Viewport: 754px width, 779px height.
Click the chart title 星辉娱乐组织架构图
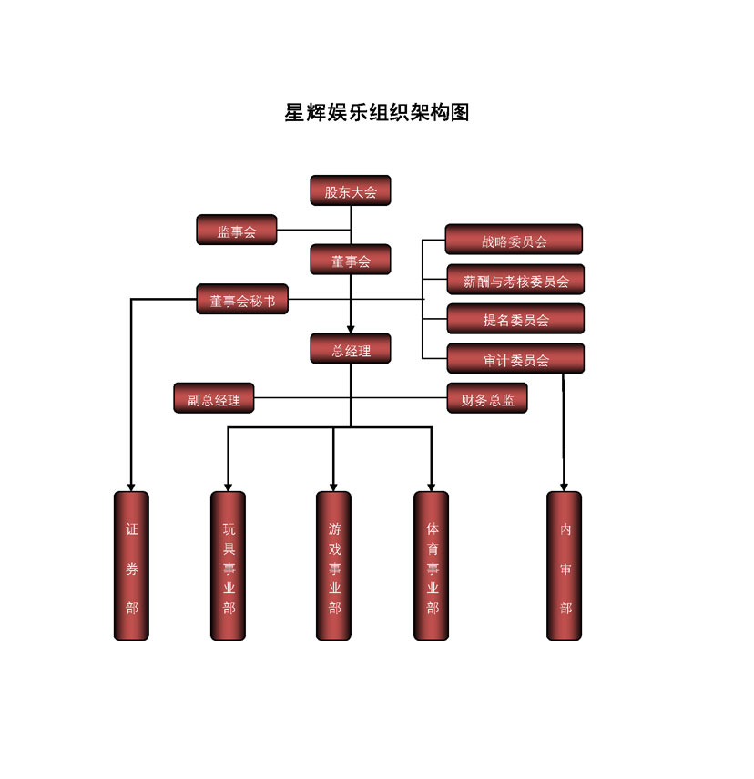377,113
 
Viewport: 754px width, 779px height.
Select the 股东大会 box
351,190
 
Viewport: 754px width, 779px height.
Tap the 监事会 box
237,231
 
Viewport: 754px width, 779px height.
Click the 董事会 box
351,261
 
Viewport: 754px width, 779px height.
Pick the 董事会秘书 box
242,300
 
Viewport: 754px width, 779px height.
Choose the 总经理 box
351,349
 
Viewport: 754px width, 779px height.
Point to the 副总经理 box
214,398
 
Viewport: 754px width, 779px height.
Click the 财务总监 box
487,398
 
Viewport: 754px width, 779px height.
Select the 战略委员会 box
514,240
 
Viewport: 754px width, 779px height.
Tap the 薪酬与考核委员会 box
515,280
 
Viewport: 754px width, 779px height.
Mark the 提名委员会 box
515,319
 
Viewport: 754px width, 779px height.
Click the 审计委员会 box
515,359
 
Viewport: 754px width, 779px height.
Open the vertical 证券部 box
131,566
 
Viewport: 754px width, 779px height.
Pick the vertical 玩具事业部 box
228,566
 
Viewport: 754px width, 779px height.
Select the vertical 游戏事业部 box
333,566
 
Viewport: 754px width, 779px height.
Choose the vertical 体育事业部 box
431,566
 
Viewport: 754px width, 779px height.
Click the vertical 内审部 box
565,566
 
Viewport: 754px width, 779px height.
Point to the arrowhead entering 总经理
351,329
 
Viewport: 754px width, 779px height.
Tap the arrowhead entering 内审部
565,487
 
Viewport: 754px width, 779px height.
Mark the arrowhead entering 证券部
131,487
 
